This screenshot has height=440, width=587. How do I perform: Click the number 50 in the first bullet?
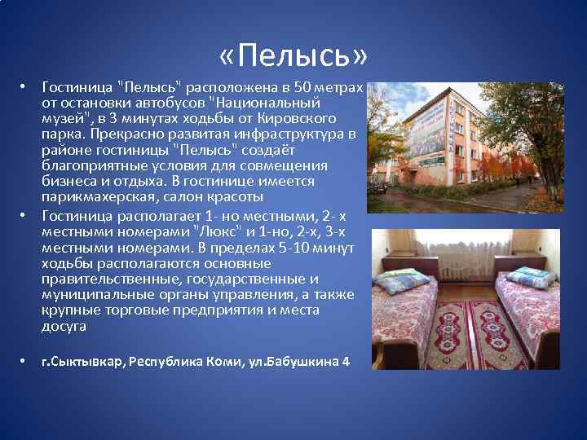pyautogui.click(x=302, y=88)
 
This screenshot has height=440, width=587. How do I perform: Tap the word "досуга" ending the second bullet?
pyautogui.click(x=64, y=326)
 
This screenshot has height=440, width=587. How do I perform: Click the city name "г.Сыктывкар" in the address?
pyautogui.click(x=82, y=361)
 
